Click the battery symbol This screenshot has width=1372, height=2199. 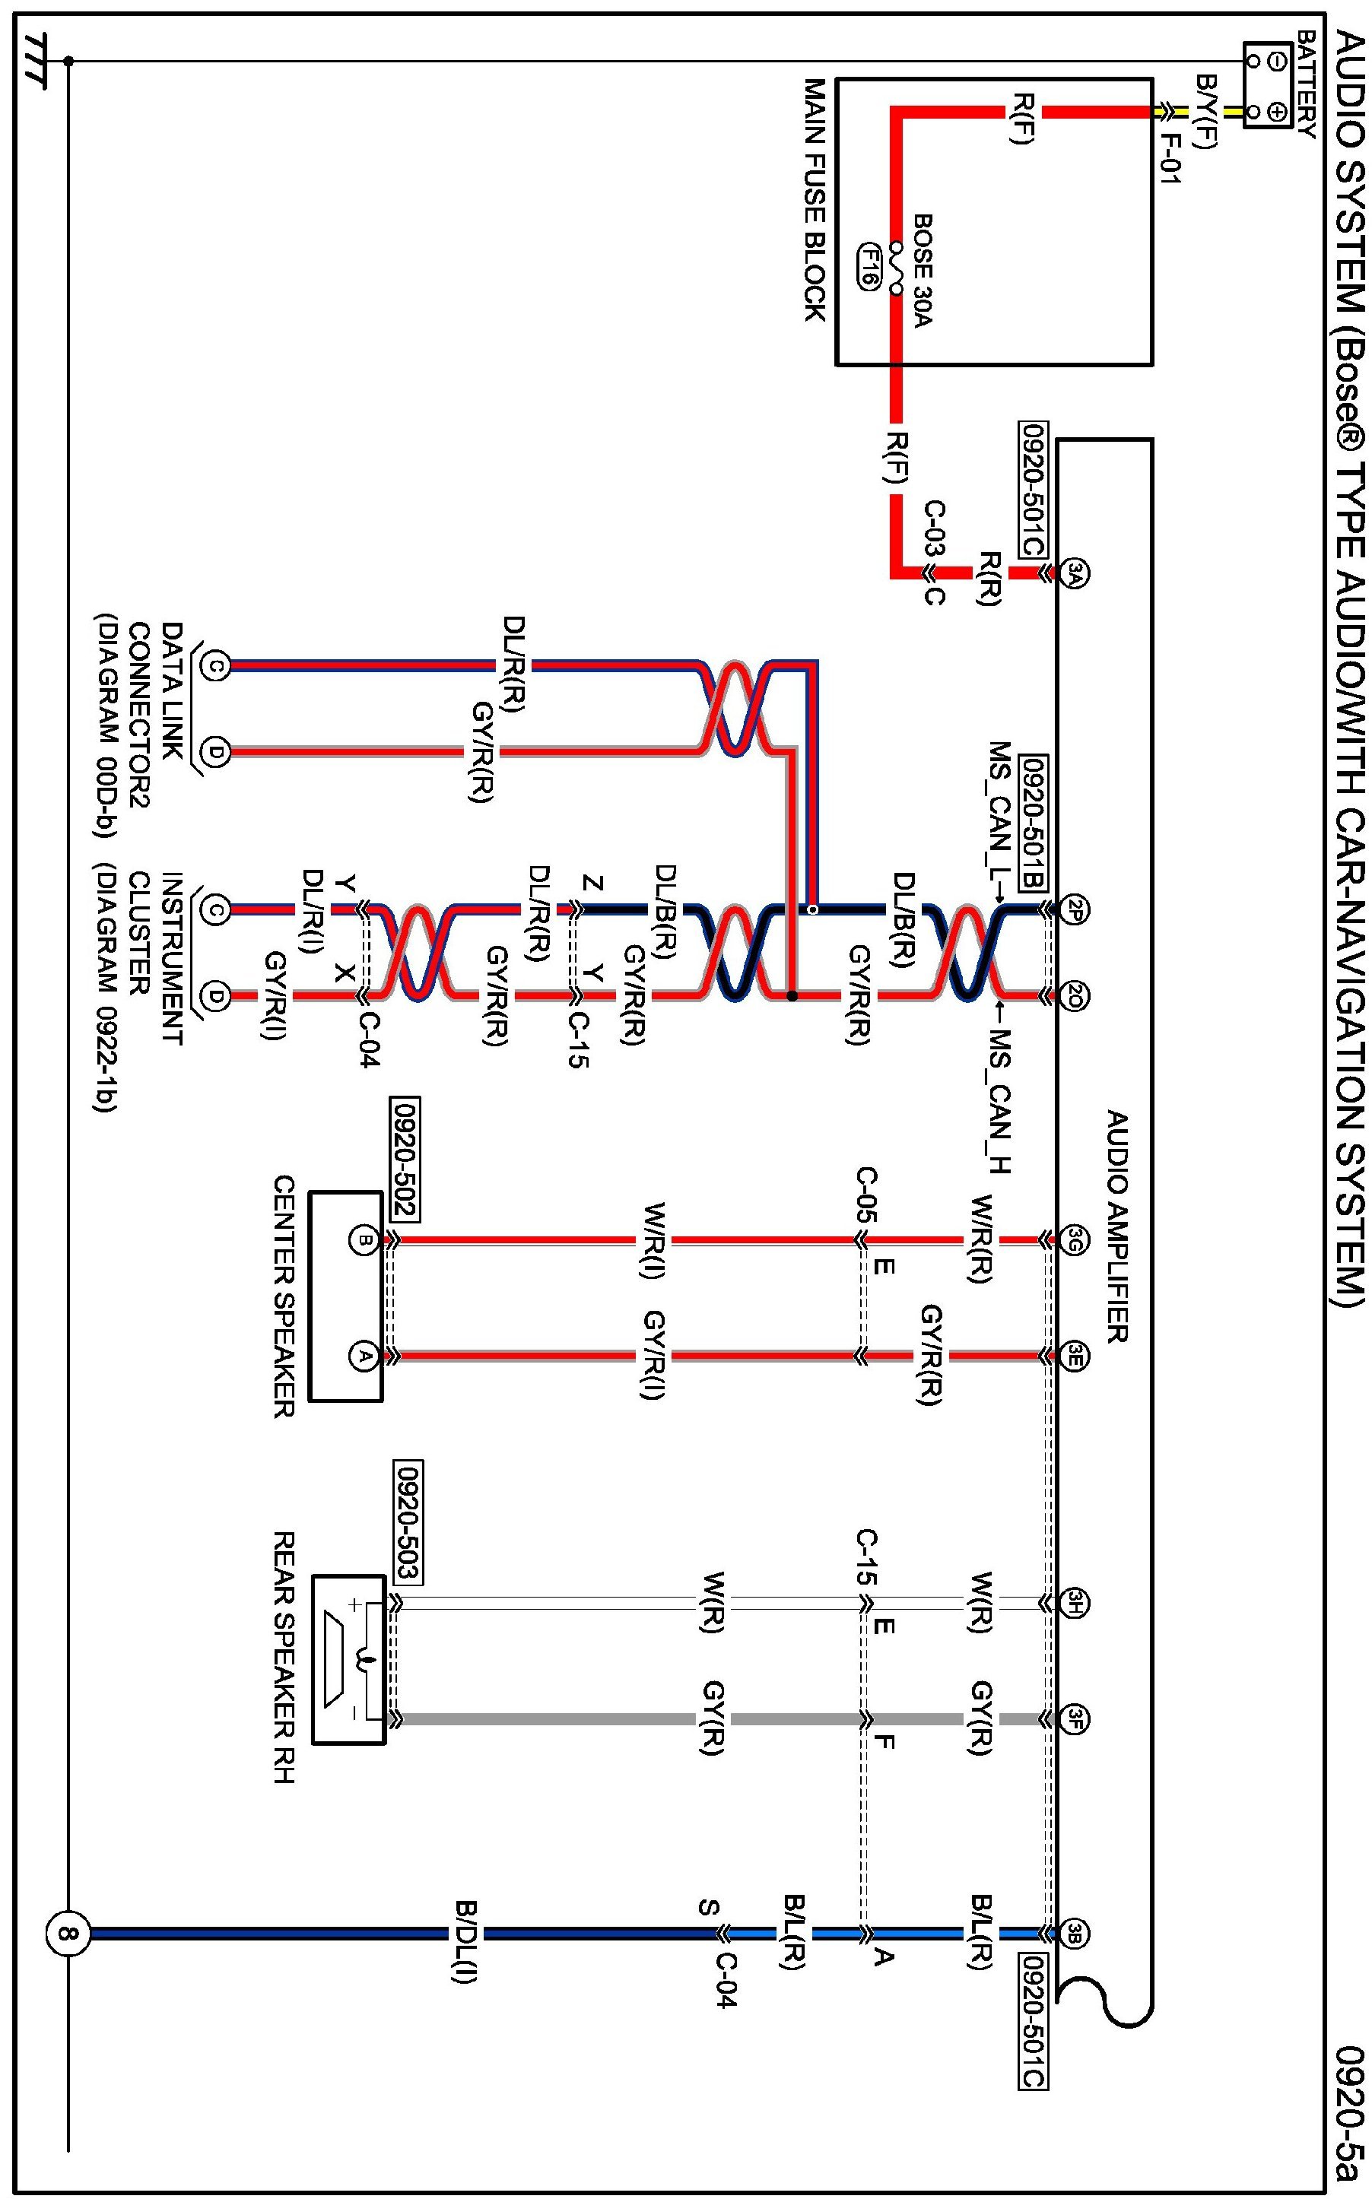(x=1268, y=85)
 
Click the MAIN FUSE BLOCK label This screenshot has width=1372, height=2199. (x=815, y=198)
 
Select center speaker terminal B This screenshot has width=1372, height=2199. (x=364, y=1239)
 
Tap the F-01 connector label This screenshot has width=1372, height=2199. (x=1170, y=159)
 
